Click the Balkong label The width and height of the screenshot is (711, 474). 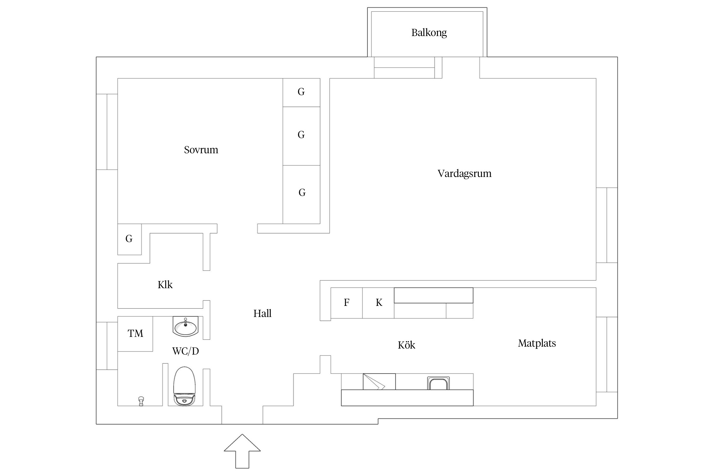tap(429, 33)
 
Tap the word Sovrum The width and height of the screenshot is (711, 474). tap(201, 150)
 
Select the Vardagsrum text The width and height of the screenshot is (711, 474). tap(464, 173)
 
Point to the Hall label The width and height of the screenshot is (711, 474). tap(262, 313)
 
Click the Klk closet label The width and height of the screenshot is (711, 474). tap(165, 285)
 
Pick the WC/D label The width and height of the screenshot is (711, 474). tap(185, 351)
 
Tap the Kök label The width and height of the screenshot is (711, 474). tap(406, 345)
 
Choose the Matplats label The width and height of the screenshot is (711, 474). tap(537, 343)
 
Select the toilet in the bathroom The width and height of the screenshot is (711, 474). tap(185, 386)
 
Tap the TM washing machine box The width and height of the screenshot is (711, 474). tap(135, 334)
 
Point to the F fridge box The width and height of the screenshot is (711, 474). tap(347, 303)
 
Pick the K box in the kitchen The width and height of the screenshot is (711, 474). tap(379, 303)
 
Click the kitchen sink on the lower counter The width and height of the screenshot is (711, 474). tap(438, 383)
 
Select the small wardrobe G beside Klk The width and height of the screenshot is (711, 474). tap(129, 239)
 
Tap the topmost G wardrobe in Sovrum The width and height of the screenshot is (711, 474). tap(301, 92)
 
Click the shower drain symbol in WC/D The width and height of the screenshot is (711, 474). tap(141, 401)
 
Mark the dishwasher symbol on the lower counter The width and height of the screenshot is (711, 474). tap(379, 382)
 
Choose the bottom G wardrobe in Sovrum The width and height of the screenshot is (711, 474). tap(302, 193)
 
